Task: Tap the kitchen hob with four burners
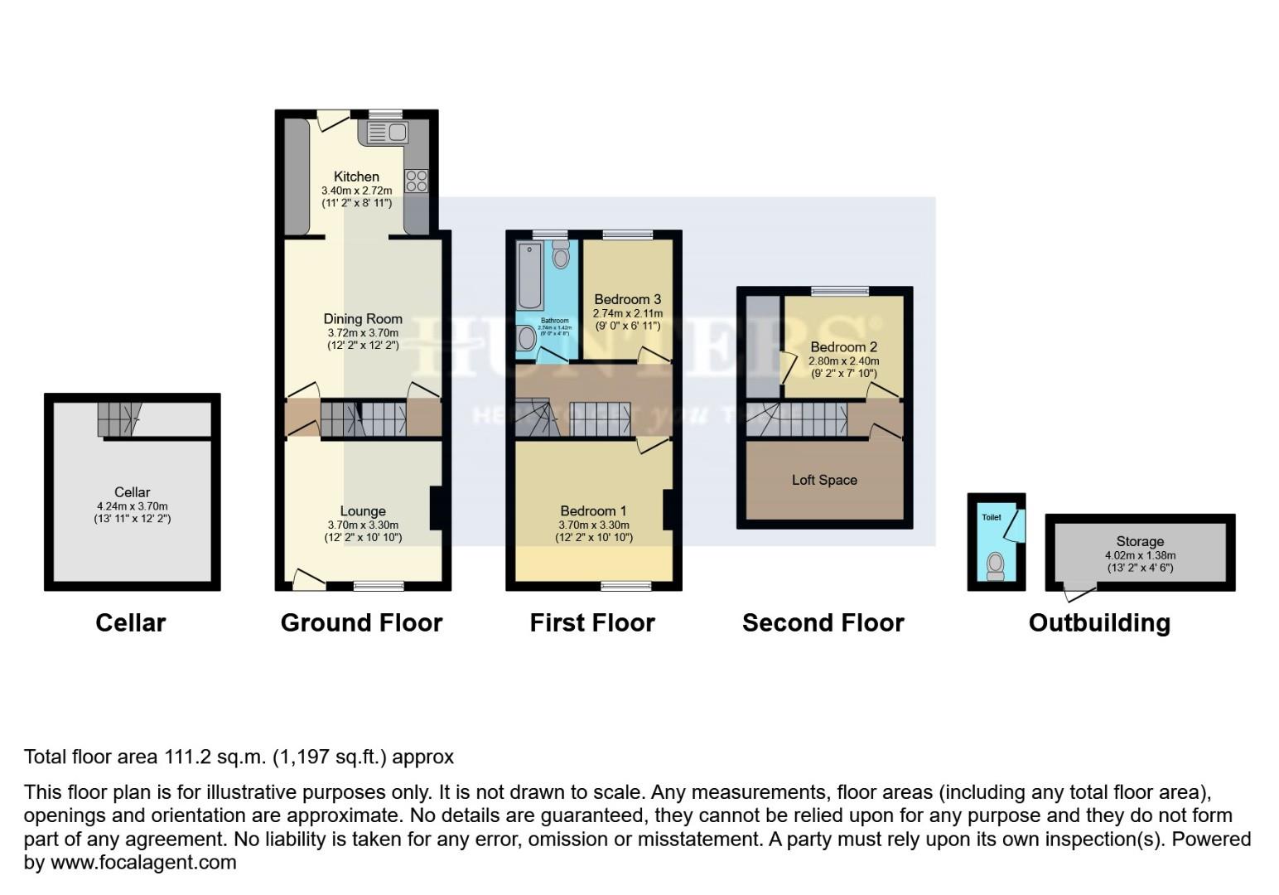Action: (x=416, y=181)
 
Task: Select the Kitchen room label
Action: (x=356, y=177)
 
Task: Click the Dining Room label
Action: (x=363, y=319)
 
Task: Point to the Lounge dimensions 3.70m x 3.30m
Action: (x=363, y=525)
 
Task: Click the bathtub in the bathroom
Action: (x=530, y=275)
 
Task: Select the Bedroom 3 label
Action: (x=628, y=299)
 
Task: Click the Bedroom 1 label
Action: (x=593, y=511)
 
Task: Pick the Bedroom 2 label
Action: (x=843, y=347)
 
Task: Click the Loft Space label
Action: (x=824, y=480)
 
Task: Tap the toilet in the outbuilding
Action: (x=995, y=566)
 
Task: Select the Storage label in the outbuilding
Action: (x=1140, y=541)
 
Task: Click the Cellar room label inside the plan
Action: (x=133, y=492)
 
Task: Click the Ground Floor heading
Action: (x=361, y=623)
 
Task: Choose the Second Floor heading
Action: (x=823, y=623)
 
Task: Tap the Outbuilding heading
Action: (x=1099, y=623)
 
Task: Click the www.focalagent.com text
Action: (x=143, y=863)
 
